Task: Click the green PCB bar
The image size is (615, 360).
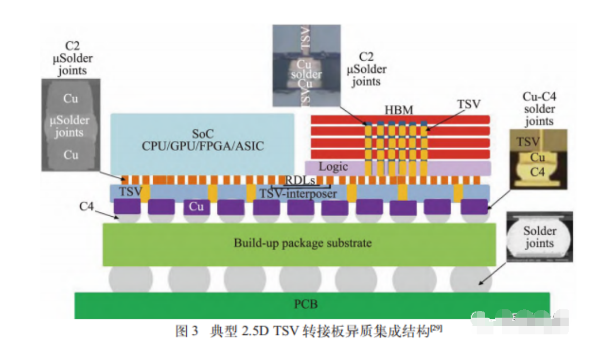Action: point(312,305)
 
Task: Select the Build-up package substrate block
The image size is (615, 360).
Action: point(299,244)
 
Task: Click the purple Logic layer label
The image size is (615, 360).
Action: point(333,167)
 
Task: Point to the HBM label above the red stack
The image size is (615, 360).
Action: point(399,110)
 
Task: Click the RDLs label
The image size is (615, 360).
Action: point(301,180)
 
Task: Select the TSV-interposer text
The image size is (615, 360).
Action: point(298,193)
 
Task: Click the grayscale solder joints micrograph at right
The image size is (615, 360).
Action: point(539,236)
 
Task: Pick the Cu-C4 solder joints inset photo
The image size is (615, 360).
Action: point(538,157)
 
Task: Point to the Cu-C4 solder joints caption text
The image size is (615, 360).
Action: point(539,109)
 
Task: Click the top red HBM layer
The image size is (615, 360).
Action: point(400,119)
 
